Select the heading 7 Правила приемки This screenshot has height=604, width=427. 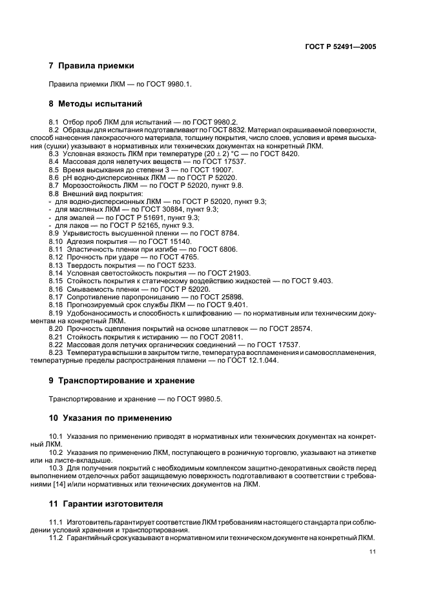[x=92, y=65]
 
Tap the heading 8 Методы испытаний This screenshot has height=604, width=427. [x=96, y=103]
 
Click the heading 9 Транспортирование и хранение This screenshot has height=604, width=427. [x=121, y=380]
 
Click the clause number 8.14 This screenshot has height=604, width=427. [x=56, y=273]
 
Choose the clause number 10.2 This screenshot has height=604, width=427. [x=56, y=453]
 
